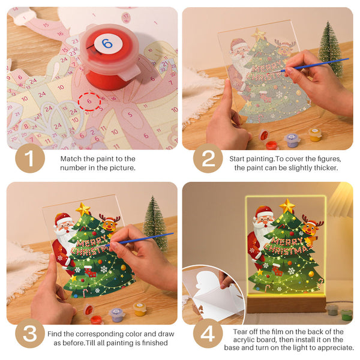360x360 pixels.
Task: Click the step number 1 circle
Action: coord(30,159)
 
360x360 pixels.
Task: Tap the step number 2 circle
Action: coord(208,159)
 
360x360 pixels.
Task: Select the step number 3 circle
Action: coord(30,334)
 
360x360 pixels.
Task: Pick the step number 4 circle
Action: coord(208,334)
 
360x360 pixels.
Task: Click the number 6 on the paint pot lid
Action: coord(106,43)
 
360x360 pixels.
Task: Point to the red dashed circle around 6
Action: coord(89,101)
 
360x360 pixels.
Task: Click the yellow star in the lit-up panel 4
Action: coord(287,205)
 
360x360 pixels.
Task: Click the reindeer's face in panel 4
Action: coord(310,229)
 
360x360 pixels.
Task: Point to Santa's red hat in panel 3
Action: coord(62,218)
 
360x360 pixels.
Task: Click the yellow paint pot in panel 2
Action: coord(314,134)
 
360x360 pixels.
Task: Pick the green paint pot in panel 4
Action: coord(347,313)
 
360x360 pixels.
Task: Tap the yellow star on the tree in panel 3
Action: coord(83,209)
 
